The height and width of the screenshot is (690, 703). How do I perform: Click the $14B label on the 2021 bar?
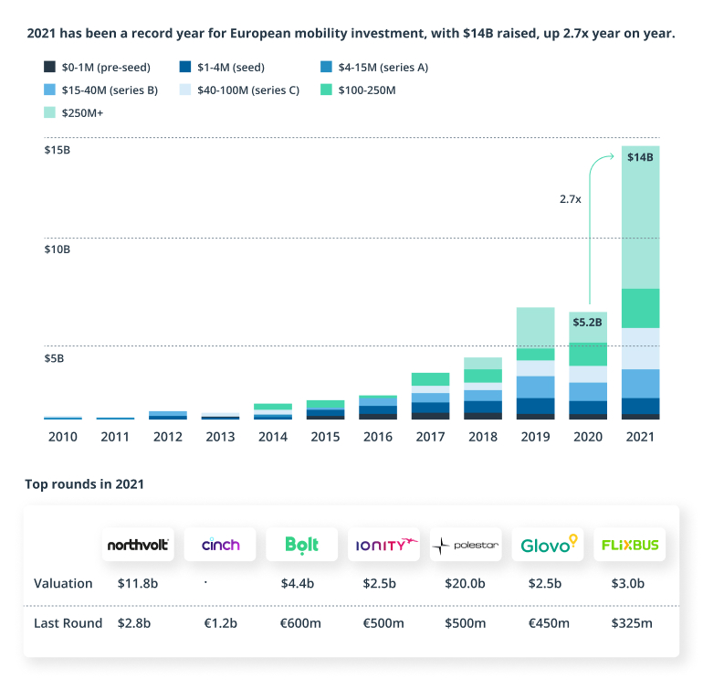pos(640,157)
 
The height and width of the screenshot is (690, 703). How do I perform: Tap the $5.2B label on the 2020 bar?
pos(588,322)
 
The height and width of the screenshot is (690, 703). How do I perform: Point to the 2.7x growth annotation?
pos(571,197)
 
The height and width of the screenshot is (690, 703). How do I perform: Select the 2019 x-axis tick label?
pos(535,437)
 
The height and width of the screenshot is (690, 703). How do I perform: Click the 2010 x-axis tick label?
pos(63,437)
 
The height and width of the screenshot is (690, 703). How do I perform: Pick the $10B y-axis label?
pos(58,249)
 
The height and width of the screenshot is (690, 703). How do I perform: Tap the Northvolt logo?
pos(138,546)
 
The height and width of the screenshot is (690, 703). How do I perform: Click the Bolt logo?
pos(301,546)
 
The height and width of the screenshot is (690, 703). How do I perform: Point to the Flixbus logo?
pos(630,546)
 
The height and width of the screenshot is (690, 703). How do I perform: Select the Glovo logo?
pos(548,546)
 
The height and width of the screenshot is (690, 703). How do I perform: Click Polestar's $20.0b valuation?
pos(465,583)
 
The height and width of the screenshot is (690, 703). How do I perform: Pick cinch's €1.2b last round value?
pos(219,623)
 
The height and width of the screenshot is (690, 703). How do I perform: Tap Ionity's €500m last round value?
pos(383,623)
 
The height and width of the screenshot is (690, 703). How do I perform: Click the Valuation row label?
pos(63,583)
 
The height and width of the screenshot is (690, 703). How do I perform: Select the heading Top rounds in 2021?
pos(84,483)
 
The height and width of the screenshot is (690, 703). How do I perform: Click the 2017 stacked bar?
pos(430,396)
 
